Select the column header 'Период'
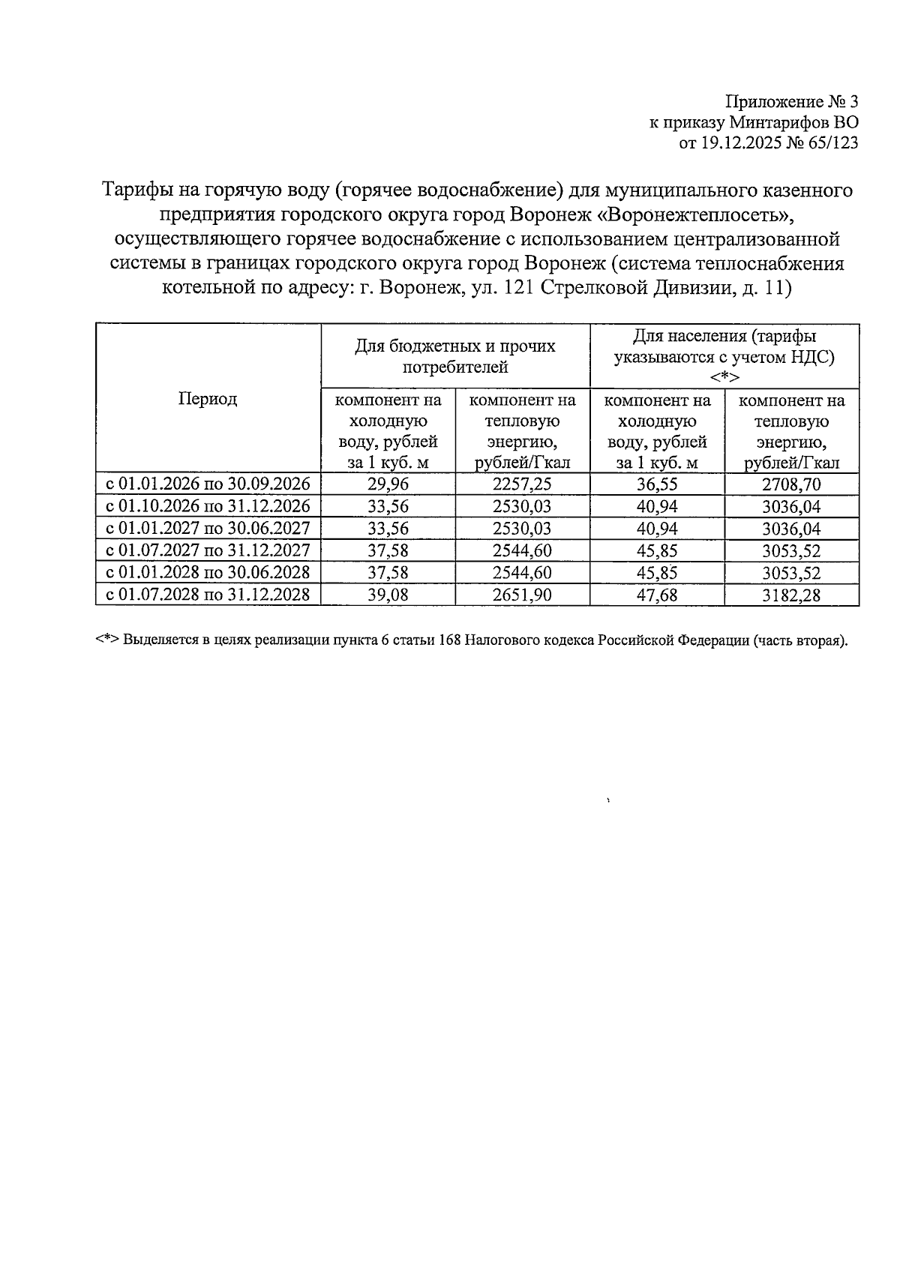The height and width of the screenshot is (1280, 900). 208,399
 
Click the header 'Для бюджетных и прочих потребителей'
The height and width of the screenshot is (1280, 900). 455,356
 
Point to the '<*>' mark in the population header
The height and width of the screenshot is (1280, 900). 724,376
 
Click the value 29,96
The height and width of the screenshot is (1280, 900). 388,484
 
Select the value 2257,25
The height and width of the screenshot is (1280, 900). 522,484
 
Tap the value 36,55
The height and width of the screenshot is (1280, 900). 657,484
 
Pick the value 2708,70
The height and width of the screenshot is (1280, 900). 791,485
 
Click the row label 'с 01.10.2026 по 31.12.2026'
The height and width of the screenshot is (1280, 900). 208,507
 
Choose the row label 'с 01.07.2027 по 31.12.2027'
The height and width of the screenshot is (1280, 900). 208,551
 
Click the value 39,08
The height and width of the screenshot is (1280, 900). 388,595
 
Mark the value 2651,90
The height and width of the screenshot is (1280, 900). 522,595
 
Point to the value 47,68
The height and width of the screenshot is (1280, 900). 657,595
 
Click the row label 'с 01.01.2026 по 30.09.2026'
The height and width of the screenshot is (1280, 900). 208,484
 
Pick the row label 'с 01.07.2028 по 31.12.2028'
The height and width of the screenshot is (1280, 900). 208,595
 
